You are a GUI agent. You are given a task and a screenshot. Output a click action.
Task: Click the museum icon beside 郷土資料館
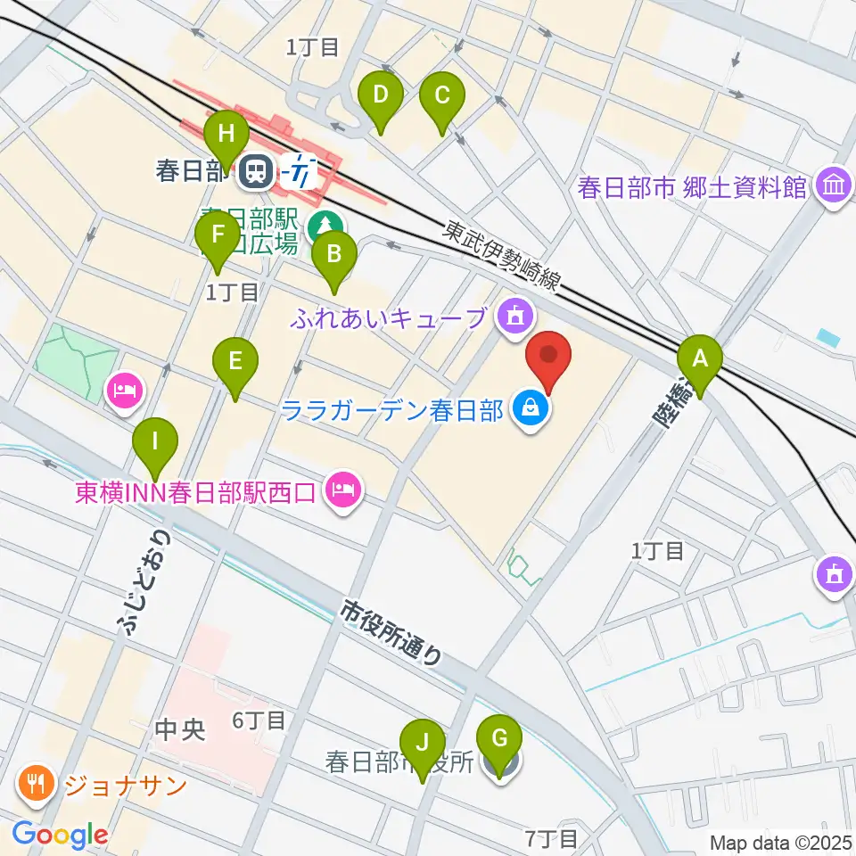click(835, 187)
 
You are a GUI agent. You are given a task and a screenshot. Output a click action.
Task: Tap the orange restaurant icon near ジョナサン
click(36, 786)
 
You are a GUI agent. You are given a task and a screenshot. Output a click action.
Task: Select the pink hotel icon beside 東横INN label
click(343, 489)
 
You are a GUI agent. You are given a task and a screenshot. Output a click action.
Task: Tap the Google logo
click(60, 835)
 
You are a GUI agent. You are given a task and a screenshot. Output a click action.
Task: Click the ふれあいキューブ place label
click(389, 317)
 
